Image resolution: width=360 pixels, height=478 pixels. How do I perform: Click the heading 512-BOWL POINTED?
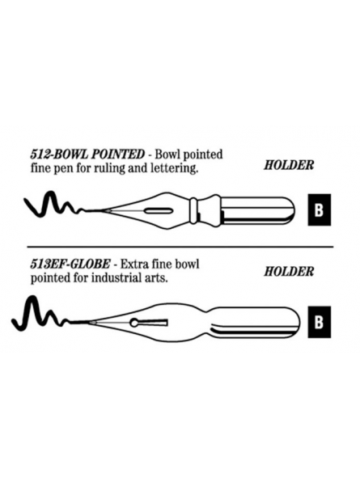(87, 154)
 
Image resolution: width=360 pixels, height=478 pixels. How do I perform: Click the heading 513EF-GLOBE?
(70, 264)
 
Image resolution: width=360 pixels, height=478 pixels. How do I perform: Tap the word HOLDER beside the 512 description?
(289, 165)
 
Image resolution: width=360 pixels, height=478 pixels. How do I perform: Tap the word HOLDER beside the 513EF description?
(289, 271)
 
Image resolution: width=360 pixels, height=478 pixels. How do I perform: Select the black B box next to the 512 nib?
(320, 209)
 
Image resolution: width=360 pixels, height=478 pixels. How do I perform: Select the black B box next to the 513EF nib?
(320, 322)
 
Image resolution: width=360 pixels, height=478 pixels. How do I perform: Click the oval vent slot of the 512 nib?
(158, 210)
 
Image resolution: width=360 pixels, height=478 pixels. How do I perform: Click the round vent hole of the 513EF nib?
(134, 322)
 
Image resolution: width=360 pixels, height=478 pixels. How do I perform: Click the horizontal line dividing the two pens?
(180, 247)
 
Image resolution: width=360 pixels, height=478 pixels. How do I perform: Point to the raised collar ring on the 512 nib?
(193, 210)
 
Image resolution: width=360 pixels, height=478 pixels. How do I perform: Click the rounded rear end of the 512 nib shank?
(293, 210)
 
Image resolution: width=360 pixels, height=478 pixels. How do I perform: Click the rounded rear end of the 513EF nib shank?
(299, 322)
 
